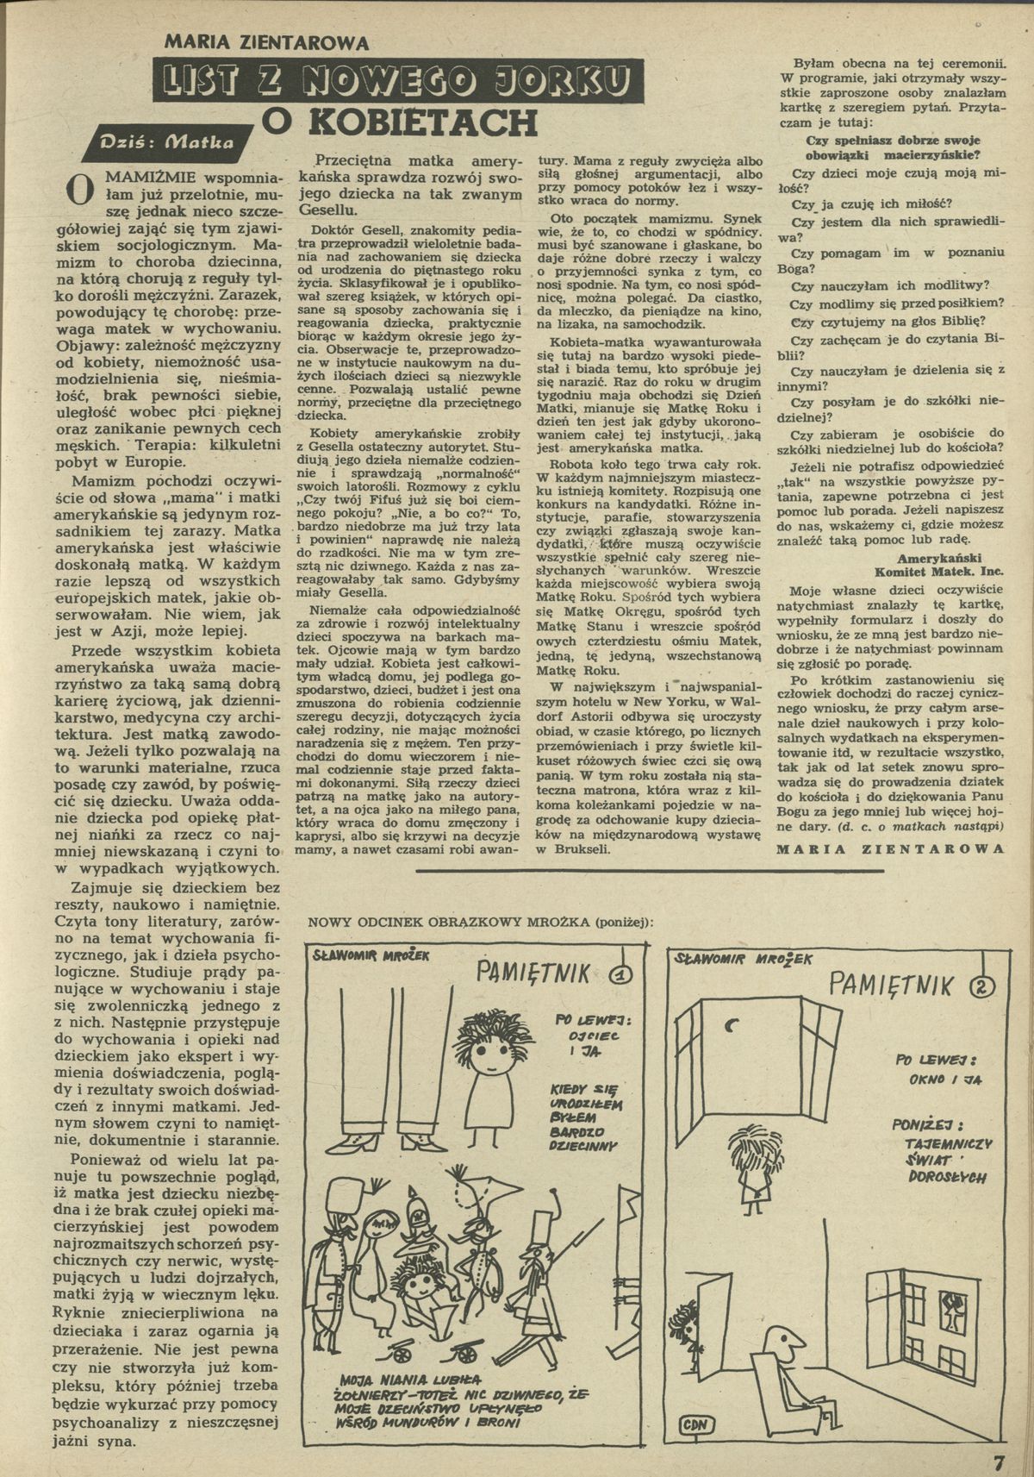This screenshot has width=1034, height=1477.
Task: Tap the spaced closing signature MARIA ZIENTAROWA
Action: tap(890, 847)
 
